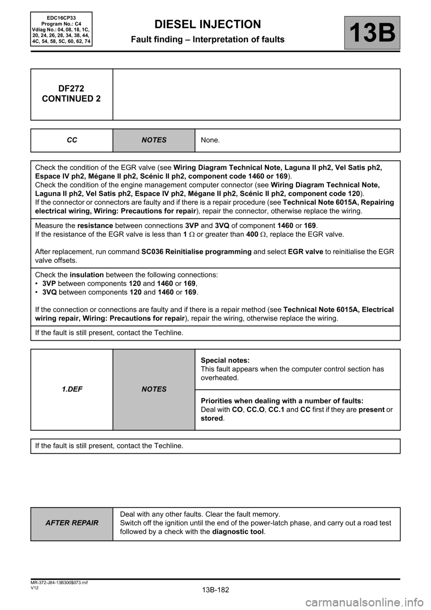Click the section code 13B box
[372, 33]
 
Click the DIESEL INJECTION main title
[207, 24]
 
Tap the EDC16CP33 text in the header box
[62, 18]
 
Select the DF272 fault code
[71, 88]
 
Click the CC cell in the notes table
[72, 140]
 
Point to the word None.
[211, 140]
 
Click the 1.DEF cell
[72, 389]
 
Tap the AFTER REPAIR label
[72, 523]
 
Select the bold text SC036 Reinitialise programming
[196, 252]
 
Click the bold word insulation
[87, 274]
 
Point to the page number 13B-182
[215, 589]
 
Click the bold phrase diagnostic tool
[238, 532]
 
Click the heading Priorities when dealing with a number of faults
[282, 401]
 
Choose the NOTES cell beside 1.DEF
[154, 389]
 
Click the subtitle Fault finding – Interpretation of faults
[207, 40]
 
